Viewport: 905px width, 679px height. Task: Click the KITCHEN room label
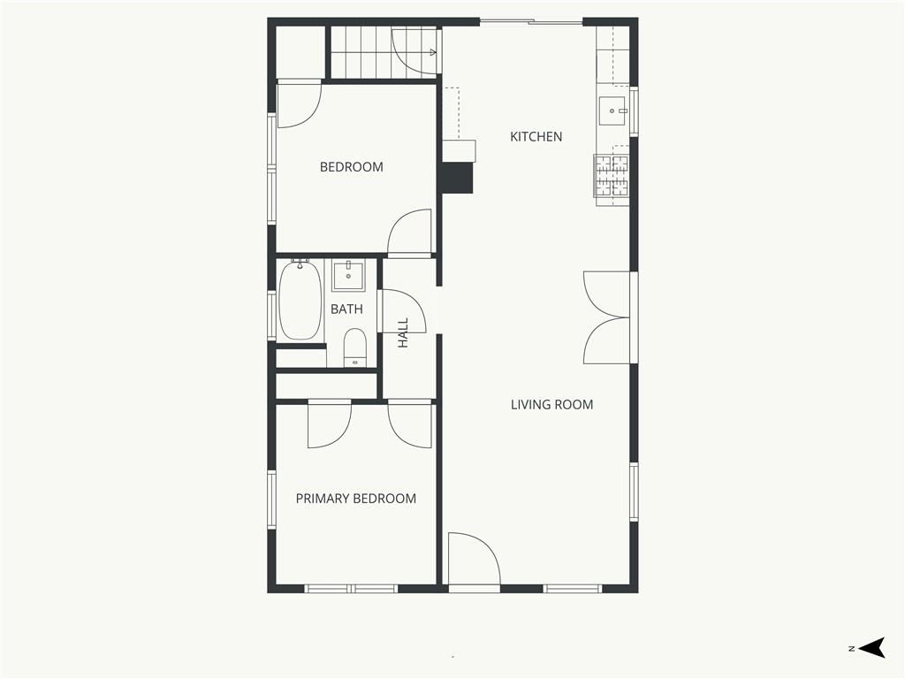tap(536, 137)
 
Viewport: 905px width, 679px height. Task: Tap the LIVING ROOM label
tap(551, 405)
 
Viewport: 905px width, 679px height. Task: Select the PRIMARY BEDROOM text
tap(356, 499)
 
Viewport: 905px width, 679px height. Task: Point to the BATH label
tap(346, 309)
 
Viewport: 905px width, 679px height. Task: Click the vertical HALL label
tap(403, 332)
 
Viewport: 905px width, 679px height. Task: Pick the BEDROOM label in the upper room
tap(352, 167)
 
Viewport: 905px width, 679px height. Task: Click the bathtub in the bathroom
tap(300, 301)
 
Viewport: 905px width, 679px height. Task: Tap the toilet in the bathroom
tap(355, 347)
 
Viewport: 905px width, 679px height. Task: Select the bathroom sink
tap(348, 276)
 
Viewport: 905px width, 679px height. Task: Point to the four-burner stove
tap(612, 176)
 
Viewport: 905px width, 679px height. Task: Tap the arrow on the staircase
tap(431, 53)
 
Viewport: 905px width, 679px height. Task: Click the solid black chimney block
tap(458, 177)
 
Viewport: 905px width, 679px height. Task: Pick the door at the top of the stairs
tap(415, 52)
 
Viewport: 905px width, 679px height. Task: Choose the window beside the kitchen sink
tap(634, 111)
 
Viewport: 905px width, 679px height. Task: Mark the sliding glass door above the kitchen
tap(531, 22)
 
